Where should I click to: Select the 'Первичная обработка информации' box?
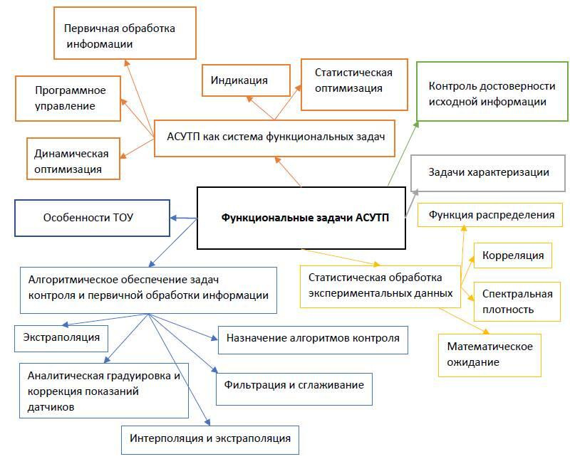click(125, 33)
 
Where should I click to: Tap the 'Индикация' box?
click(246, 80)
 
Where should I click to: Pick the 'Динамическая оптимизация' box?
click(71, 161)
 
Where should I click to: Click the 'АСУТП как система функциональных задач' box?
click(275, 137)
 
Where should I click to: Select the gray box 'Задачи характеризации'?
click(489, 173)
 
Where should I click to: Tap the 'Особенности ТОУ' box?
click(92, 218)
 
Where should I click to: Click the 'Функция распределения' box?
click(492, 215)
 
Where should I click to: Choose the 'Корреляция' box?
click(513, 255)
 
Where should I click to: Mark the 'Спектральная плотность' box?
click(518, 301)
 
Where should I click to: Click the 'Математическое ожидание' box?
click(490, 354)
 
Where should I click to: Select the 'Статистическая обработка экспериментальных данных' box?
click(380, 285)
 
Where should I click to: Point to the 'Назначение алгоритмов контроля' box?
click(313, 339)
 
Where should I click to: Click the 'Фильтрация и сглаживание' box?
click(294, 386)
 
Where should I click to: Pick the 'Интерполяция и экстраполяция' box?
click(209, 438)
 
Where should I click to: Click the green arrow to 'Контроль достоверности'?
click(403, 152)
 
